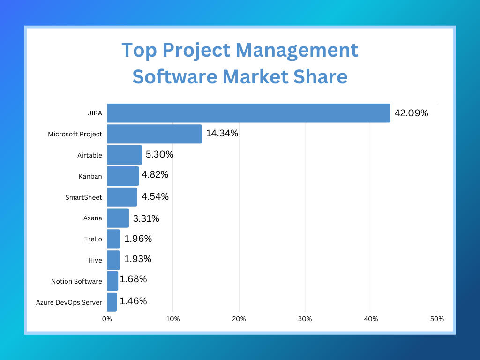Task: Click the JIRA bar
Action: tap(248, 113)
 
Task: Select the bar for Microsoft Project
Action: tap(154, 134)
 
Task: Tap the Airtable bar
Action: tap(124, 155)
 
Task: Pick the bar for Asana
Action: tap(118, 218)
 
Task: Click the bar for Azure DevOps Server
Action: tap(112, 302)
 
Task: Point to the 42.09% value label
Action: tap(411, 113)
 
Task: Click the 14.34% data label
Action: tap(222, 134)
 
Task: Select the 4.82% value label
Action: tap(155, 175)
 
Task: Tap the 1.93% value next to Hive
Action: tap(138, 259)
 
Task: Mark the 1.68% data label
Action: tap(133, 279)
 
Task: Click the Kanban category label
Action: tap(90, 176)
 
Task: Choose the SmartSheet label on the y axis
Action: tap(83, 197)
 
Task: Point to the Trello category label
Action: tap(93, 239)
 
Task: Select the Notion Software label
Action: tap(76, 281)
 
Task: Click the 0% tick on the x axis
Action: tap(107, 319)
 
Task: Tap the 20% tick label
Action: tap(239, 319)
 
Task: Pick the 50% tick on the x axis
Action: tap(437, 319)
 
